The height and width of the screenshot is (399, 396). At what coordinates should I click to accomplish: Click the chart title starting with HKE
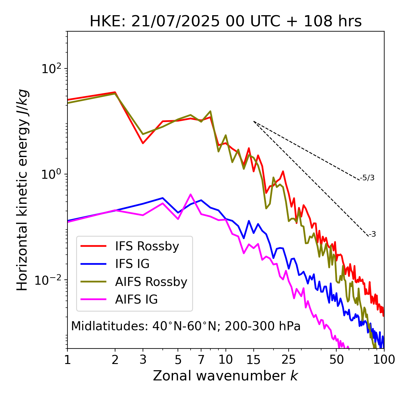click(226, 21)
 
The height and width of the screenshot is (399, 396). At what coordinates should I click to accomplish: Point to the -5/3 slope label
click(367, 178)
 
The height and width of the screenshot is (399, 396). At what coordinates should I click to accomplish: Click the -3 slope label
click(372, 234)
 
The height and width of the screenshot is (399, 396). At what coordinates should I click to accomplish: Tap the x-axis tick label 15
click(253, 360)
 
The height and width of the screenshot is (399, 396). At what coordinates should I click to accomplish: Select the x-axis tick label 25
click(289, 360)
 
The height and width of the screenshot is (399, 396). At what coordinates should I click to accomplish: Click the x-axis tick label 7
click(201, 360)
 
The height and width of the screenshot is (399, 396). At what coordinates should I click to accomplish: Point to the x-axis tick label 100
click(384, 360)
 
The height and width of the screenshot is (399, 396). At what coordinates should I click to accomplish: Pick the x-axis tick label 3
click(143, 360)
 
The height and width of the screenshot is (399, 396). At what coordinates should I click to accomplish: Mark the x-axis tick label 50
click(336, 360)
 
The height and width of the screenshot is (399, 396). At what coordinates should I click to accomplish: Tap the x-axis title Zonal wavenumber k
click(226, 376)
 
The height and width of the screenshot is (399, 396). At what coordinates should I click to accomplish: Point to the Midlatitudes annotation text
click(186, 326)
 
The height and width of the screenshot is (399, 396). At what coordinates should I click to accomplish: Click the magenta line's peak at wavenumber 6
click(191, 194)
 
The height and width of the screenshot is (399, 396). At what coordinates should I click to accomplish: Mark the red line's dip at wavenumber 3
click(143, 143)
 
